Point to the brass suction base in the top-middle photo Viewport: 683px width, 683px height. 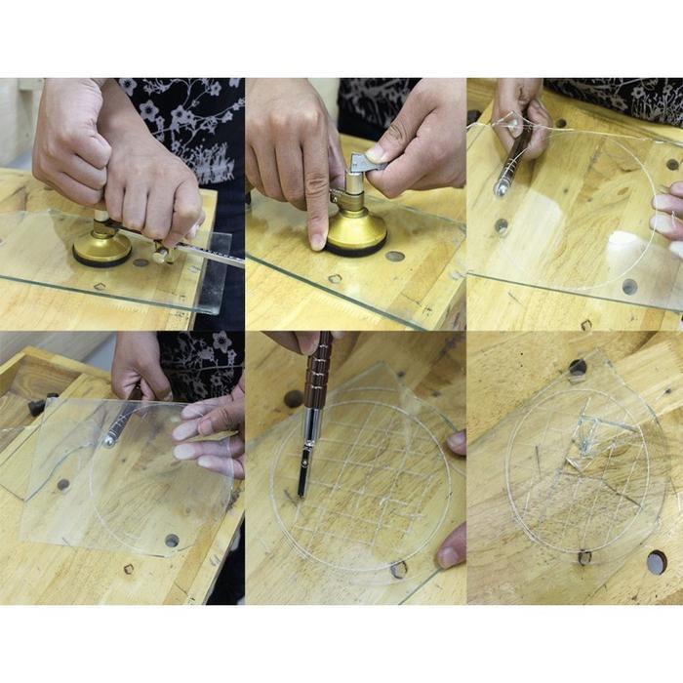[x=355, y=232]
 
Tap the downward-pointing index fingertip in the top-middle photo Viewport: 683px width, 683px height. [x=318, y=240]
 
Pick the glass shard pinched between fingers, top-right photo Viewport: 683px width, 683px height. [x=508, y=125]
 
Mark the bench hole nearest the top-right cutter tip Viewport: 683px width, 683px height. [x=501, y=225]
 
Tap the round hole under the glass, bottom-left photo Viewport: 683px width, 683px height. [x=172, y=540]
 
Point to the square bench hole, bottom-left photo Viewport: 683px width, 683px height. [x=128, y=569]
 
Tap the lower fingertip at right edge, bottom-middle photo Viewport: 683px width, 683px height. [x=450, y=557]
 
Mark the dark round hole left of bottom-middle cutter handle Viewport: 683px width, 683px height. [x=293, y=398]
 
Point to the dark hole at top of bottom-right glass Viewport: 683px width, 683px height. [x=578, y=369]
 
